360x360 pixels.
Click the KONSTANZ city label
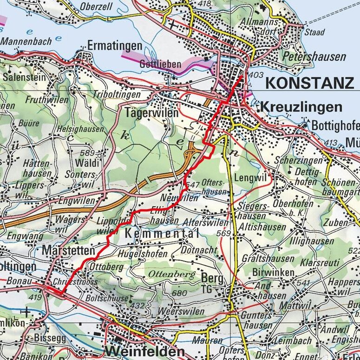[x=309, y=83]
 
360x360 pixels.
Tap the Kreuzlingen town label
[x=301, y=107]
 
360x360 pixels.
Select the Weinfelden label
[x=144, y=351]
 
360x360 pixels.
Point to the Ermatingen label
[x=114, y=46]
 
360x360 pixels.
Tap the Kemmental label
[x=162, y=234]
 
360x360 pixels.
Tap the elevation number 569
[x=223, y=233]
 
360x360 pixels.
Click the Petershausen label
[x=314, y=57]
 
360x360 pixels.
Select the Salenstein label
[x=22, y=77]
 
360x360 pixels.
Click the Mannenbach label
[x=26, y=41]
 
